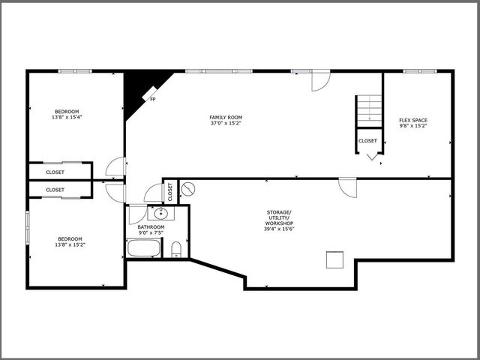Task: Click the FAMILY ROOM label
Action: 226,117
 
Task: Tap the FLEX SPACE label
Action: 414,120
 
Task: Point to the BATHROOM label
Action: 151,226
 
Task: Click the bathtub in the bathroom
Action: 142,248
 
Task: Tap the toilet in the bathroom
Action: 177,249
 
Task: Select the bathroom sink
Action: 160,214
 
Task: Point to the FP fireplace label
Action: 153,99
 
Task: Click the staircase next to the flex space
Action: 368,110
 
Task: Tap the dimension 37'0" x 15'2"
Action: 226,123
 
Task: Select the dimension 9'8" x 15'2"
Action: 414,126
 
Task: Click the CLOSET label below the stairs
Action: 367,141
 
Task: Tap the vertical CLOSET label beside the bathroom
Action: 170,193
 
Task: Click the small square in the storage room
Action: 334,259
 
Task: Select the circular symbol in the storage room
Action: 188,189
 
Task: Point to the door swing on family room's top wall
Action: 320,80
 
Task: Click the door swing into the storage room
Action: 347,187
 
